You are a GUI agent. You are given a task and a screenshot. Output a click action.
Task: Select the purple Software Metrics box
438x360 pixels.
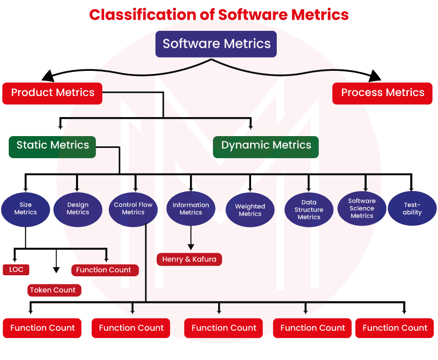[216, 44]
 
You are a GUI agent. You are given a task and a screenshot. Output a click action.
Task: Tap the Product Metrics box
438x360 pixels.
[52, 93]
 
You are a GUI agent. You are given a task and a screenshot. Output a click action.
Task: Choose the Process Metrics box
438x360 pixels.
[383, 93]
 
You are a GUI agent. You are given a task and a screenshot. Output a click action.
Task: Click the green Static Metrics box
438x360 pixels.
[52, 145]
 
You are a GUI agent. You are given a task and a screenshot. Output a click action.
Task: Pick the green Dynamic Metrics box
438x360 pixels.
[266, 145]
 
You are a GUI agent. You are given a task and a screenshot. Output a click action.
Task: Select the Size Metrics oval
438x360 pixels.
[26, 209]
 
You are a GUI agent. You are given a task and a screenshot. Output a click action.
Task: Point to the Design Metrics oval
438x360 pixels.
[78, 209]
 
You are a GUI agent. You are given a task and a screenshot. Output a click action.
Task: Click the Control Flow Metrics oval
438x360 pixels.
[134, 209]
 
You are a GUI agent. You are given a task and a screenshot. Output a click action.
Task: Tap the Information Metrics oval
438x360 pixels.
[191, 209]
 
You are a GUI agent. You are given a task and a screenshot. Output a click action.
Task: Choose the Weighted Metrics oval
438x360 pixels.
[250, 210]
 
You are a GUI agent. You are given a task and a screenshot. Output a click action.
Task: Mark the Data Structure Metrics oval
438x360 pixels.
[309, 210]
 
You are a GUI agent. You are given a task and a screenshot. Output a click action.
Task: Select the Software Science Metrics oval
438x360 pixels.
[362, 209]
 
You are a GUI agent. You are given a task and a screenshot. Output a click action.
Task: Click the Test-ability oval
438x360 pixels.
[412, 209]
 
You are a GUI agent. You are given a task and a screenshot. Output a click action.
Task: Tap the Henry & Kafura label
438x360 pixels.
[189, 259]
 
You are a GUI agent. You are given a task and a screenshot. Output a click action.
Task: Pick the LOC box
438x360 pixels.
[16, 270]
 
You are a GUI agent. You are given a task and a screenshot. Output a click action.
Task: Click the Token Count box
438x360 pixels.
[53, 290]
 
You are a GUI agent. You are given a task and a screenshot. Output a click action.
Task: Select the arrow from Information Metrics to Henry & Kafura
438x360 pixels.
[191, 239]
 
